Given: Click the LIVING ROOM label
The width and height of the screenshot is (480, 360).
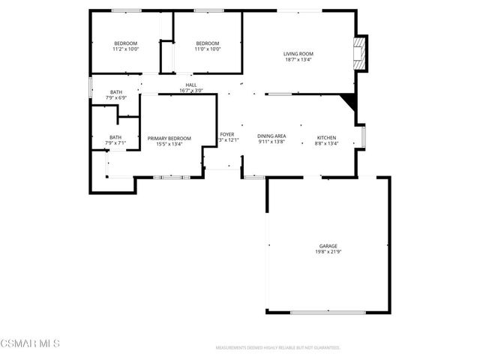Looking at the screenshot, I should click(298, 54).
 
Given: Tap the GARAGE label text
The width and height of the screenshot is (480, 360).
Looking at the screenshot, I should click(328, 246).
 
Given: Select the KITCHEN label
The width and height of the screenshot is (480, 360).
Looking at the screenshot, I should click(327, 137).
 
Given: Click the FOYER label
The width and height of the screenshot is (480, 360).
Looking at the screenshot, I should click(226, 135).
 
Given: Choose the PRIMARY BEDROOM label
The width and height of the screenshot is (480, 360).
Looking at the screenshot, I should click(169, 138).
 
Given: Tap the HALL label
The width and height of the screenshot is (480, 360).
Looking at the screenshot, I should click(191, 85).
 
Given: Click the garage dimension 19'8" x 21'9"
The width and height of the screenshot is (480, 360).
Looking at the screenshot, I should click(328, 252).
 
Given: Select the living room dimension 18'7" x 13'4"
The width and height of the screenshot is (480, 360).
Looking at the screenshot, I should click(298, 60).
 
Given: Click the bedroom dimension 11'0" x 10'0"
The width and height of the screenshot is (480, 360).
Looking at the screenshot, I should click(207, 49).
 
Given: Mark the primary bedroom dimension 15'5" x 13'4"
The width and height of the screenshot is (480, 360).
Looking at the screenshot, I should click(169, 144).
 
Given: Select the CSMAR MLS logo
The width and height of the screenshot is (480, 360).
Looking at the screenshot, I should click(30, 343).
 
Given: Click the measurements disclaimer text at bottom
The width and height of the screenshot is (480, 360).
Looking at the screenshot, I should click(277, 348).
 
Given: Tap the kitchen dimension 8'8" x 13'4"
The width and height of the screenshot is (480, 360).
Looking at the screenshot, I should click(327, 143).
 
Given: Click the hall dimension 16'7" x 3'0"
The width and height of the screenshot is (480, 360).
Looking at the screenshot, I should click(191, 91).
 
